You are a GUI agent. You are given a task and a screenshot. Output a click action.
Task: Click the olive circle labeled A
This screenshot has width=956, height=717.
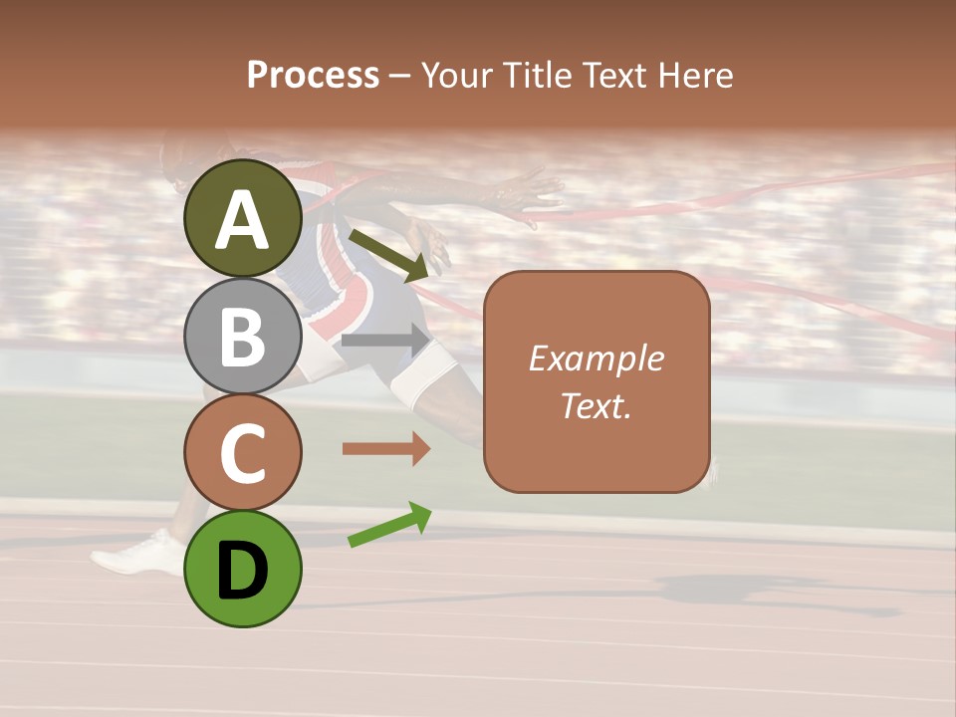(243, 218)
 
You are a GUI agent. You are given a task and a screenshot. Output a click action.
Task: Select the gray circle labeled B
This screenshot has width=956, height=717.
(243, 336)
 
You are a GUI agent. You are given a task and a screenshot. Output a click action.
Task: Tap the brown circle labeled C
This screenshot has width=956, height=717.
(243, 452)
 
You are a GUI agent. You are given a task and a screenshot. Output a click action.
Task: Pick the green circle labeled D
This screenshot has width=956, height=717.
(243, 569)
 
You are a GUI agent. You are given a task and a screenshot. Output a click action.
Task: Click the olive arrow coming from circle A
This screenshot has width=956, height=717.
(388, 253)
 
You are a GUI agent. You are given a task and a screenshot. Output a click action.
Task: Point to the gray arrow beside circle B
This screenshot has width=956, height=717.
(385, 340)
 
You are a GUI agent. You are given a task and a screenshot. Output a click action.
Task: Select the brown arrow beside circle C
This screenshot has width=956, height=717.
(385, 449)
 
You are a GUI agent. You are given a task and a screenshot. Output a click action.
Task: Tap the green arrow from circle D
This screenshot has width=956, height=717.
(389, 525)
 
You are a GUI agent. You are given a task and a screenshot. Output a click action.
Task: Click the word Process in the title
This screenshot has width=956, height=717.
(313, 75)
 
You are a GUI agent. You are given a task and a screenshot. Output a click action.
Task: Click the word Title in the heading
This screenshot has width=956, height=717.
(537, 75)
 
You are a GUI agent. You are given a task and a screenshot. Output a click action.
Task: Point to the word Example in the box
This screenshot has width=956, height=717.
(597, 358)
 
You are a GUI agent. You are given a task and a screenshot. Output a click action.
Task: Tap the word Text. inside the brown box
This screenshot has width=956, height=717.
(597, 405)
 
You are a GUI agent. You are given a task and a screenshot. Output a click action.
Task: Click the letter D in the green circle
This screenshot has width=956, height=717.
(243, 571)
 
